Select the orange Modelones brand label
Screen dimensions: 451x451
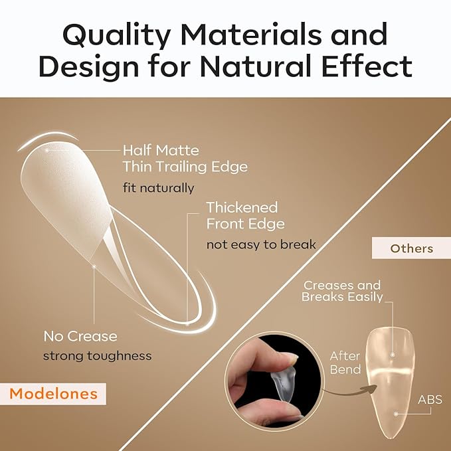click(x=54, y=394)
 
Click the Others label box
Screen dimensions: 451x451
click(x=412, y=249)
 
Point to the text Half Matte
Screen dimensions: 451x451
click(x=161, y=151)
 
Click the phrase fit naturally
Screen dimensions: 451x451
click(x=158, y=187)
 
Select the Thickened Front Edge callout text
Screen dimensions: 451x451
click(x=245, y=215)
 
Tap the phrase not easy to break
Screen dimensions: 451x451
click(x=260, y=245)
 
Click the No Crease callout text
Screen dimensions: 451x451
click(x=80, y=336)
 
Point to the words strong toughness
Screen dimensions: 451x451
click(x=97, y=356)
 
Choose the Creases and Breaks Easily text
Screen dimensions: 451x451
click(x=342, y=291)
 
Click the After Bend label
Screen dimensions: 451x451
click(x=345, y=363)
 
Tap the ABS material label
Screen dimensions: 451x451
click(x=430, y=400)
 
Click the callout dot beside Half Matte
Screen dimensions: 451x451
click(x=46, y=150)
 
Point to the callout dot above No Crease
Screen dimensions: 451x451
click(x=95, y=266)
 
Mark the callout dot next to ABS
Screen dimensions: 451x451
click(x=396, y=413)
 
